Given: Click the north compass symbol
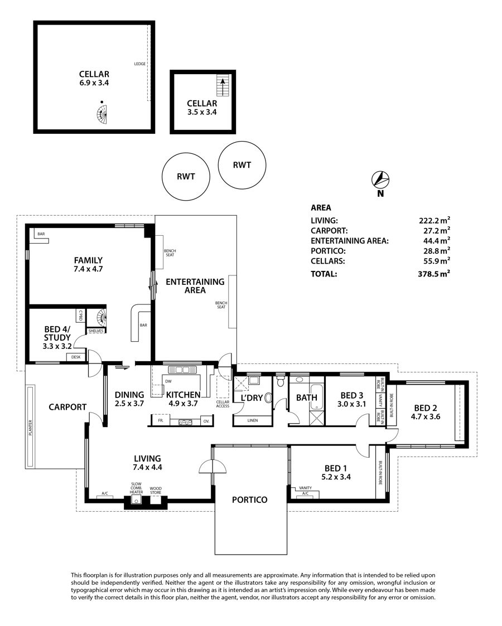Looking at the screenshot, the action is [380, 179].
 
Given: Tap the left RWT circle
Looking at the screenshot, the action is [186, 177].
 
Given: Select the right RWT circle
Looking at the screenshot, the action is [242, 164].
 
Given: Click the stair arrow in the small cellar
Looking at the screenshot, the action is [223, 86].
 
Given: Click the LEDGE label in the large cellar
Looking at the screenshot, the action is [140, 64].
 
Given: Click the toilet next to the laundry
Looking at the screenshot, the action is [281, 381].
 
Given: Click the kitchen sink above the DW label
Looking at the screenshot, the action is [184, 370].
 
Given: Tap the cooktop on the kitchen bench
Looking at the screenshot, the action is [185, 421].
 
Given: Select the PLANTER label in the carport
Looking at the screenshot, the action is [30, 427].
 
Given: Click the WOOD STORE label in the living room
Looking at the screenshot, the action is [156, 490].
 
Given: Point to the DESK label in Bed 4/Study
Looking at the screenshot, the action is [76, 357].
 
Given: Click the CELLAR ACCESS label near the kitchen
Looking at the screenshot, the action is [223, 404].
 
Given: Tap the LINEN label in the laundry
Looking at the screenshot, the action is [253, 420].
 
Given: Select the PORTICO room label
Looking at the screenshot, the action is [249, 499].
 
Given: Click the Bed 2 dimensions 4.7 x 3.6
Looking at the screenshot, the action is [426, 416].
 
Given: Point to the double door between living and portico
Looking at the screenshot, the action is [212, 467].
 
